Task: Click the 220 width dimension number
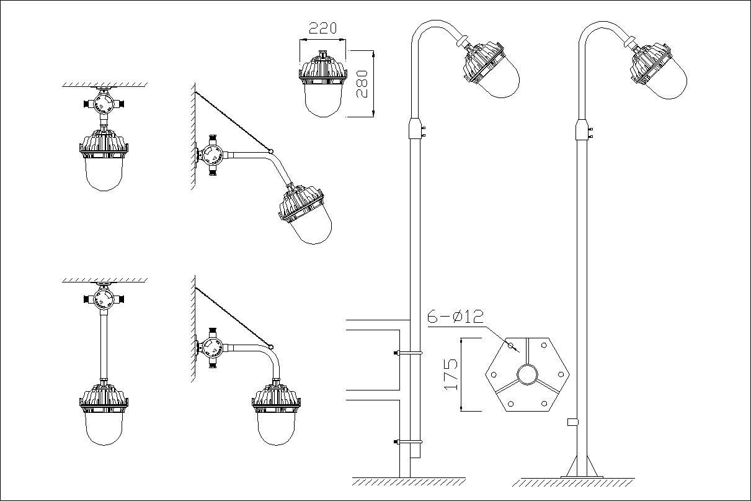pyautogui.click(x=322, y=28)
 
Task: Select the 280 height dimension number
pyautogui.click(x=362, y=84)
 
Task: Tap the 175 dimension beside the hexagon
pyautogui.click(x=451, y=374)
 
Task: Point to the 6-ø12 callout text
pyautogui.click(x=455, y=317)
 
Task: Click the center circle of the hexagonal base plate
pyautogui.click(x=527, y=375)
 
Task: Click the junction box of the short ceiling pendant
pyautogui.click(x=104, y=102)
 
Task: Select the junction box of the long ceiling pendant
pyautogui.click(x=104, y=299)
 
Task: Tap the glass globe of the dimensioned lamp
pyautogui.click(x=323, y=100)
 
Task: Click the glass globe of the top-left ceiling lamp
pyautogui.click(x=104, y=174)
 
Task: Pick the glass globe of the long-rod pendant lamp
pyautogui.click(x=104, y=428)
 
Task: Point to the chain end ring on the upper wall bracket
pyautogui.click(x=271, y=151)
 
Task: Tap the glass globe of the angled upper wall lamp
pyautogui.click(x=312, y=228)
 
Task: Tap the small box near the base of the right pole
pyautogui.click(x=572, y=422)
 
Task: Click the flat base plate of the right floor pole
pyautogui.click(x=582, y=477)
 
